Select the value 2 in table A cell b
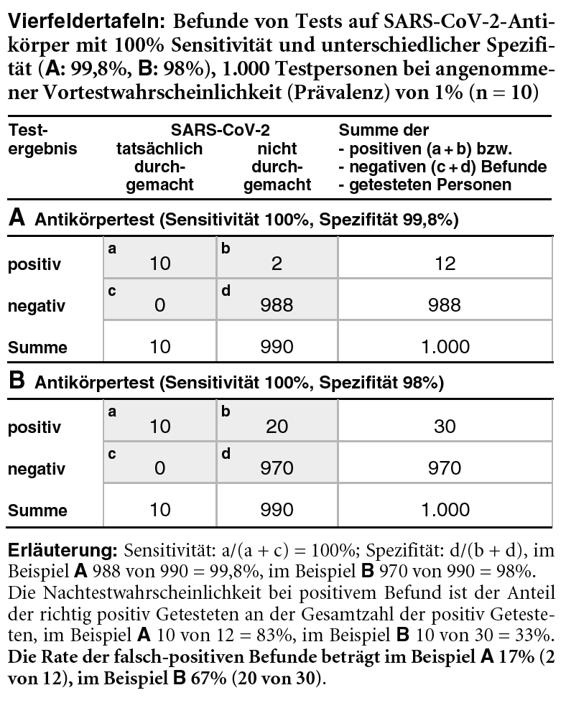[277, 264]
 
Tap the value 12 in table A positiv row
[445, 264]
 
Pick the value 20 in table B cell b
[277, 427]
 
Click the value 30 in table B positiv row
[445, 427]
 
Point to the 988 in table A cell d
[277, 305]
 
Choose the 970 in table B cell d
[277, 469]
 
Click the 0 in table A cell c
[159, 305]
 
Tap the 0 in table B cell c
[159, 469]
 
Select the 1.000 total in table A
[445, 348]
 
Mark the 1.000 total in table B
[445, 511]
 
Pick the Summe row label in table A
[37, 348]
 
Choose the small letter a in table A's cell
[112, 249]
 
